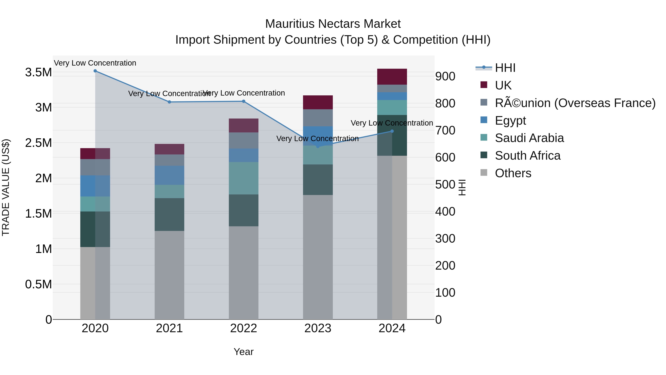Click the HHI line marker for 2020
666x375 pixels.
point(95,71)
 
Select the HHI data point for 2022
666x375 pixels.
point(243,101)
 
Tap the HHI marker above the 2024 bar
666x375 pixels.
point(392,131)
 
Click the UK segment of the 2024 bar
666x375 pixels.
point(392,77)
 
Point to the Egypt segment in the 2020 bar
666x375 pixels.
point(95,186)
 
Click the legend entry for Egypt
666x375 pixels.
point(510,121)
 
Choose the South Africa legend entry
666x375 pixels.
point(527,156)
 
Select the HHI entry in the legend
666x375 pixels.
point(505,68)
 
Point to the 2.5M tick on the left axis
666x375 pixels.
point(38,143)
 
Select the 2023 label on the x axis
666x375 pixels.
point(318,328)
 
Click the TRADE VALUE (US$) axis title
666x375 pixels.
point(6,187)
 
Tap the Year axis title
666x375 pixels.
point(243,352)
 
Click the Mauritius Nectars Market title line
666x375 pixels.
point(333,24)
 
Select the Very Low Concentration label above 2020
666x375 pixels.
point(95,63)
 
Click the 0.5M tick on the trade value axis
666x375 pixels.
point(38,284)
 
